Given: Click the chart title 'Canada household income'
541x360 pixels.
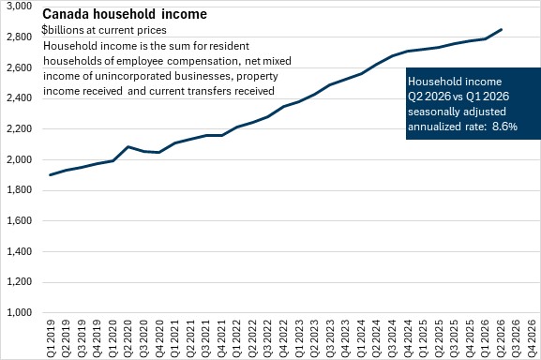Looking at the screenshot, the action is tap(125, 14).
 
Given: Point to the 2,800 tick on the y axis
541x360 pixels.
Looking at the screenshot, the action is tap(20, 37).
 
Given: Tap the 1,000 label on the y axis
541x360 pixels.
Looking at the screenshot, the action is tap(20, 312).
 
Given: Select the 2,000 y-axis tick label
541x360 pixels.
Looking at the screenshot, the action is tap(20, 159).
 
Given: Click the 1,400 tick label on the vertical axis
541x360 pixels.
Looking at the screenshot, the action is tap(20, 251).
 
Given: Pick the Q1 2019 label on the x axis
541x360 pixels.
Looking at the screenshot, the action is tap(51, 338).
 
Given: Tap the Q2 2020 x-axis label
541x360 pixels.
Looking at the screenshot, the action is tap(128, 338).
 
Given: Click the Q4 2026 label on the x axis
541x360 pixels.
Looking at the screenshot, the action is tap(531, 338).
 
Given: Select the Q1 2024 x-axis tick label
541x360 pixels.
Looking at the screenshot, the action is tap(361, 338).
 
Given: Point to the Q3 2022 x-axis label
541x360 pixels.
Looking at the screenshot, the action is tap(268, 338).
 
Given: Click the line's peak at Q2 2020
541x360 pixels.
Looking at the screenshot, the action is tap(128, 146).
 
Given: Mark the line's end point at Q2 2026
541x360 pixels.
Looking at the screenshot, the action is tap(501, 30).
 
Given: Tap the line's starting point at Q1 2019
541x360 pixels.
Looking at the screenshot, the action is tap(51, 174).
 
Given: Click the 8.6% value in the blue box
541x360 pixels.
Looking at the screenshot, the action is tap(504, 127).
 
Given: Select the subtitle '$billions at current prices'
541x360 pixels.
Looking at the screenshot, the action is tap(104, 30).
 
